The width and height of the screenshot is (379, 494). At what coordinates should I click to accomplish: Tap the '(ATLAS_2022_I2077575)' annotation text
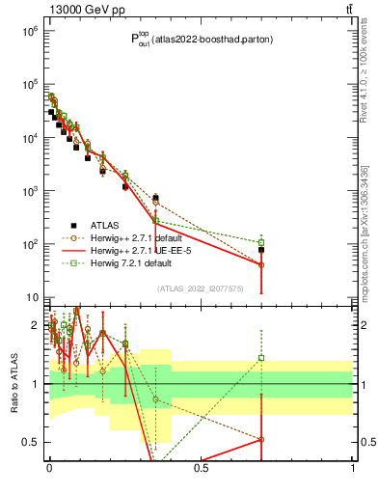click(199, 288)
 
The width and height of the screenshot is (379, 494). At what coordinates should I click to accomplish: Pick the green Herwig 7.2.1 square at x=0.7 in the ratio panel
click(261, 358)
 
